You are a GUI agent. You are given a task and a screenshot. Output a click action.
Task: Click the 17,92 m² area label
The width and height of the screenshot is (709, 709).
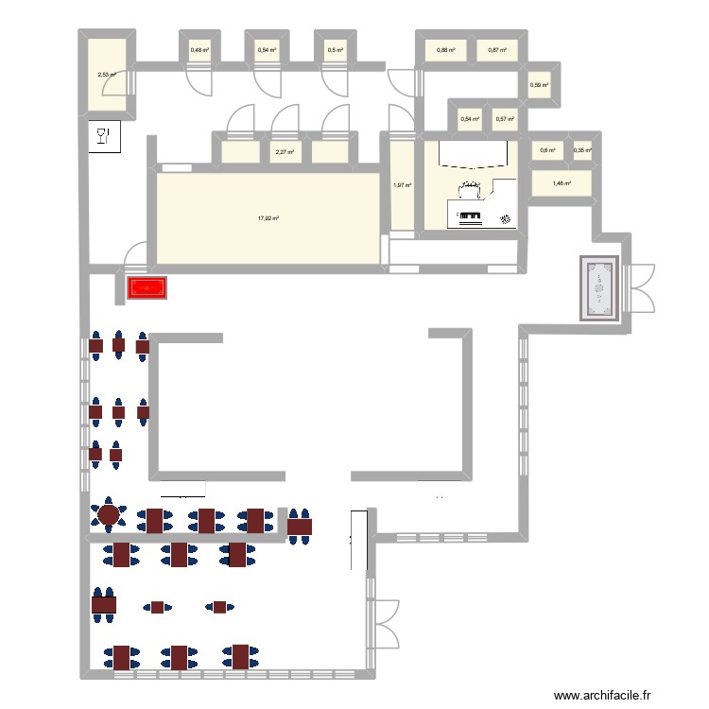point(268,218)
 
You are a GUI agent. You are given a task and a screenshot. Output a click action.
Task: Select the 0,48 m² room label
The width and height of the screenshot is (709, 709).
point(199,50)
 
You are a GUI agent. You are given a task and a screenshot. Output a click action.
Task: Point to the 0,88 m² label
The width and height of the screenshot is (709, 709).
point(446,50)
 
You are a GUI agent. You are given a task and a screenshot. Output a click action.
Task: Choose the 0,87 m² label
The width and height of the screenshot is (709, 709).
point(497,50)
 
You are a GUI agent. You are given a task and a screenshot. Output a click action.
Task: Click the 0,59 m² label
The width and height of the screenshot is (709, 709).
point(539,85)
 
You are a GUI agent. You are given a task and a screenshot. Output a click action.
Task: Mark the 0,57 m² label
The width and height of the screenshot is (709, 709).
point(504,119)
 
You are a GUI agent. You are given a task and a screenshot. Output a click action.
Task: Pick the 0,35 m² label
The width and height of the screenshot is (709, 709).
point(581,149)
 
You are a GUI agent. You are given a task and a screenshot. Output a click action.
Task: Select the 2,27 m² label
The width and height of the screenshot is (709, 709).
point(284,151)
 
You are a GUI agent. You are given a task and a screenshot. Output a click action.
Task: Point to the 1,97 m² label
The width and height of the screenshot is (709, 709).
point(402,185)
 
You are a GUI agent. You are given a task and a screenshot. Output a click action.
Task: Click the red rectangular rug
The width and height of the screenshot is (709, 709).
point(147,288)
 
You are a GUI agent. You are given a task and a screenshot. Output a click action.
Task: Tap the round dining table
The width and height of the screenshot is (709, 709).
point(109,515)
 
